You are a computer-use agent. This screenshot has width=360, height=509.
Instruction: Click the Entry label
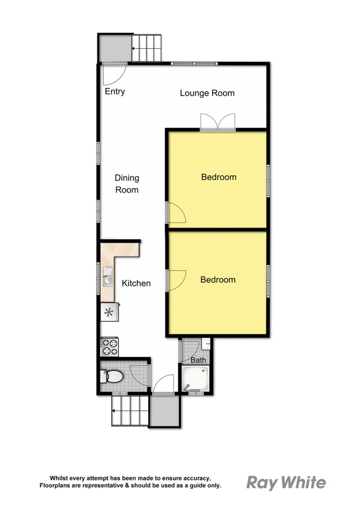[115, 92]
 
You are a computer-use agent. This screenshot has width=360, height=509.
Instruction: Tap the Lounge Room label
[207, 93]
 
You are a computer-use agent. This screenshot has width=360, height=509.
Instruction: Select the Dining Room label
[127, 184]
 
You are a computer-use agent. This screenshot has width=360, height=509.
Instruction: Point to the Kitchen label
[136, 284]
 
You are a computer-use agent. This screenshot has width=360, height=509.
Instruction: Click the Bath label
[198, 360]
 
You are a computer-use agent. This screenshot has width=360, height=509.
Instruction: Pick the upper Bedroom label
[219, 177]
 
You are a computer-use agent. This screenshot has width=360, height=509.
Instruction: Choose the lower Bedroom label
[218, 280]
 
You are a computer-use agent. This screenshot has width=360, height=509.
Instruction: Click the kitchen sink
[107, 277]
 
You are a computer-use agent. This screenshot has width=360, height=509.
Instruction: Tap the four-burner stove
[110, 347]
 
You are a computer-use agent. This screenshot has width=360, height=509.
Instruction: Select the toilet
[112, 377]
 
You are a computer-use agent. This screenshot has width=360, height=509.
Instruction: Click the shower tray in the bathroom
[195, 378]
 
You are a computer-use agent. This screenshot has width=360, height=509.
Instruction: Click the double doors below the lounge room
[217, 122]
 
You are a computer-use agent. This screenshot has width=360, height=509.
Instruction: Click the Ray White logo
[286, 483]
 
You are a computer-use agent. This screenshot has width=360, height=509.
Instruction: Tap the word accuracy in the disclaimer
[197, 478]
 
